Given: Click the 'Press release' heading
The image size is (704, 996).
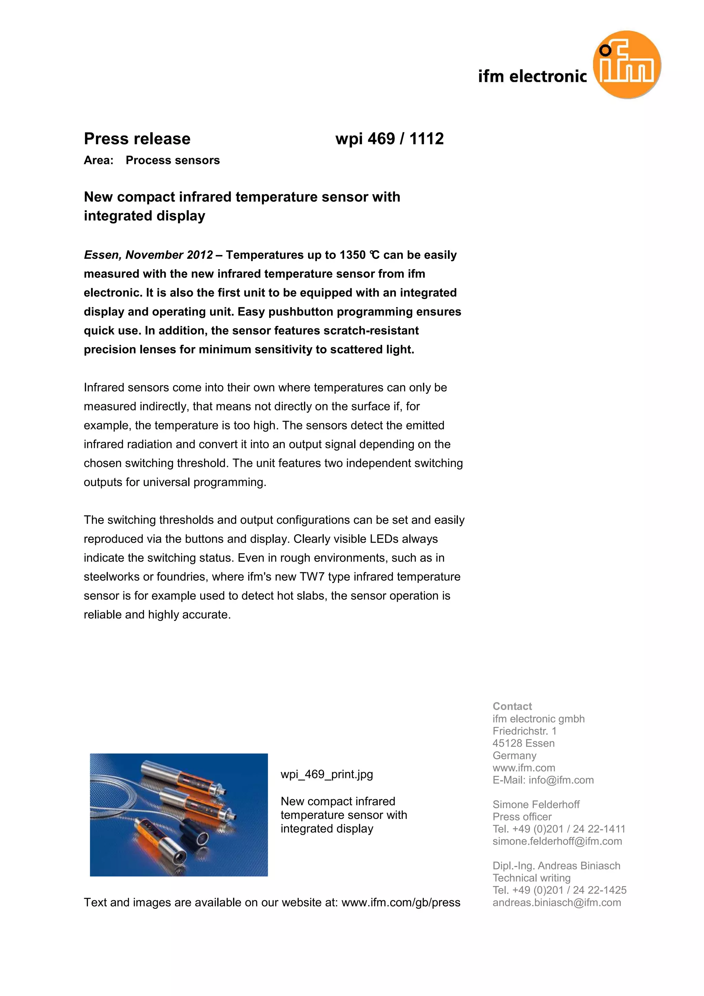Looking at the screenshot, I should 137,139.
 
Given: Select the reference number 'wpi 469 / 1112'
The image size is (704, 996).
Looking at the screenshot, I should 389,139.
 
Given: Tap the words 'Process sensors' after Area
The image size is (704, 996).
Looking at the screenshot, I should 173,161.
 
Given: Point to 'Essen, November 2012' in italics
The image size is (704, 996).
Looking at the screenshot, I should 148,255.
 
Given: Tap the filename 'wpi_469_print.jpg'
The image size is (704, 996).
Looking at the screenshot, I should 327,774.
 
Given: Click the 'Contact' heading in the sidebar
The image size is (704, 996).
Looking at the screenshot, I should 512,706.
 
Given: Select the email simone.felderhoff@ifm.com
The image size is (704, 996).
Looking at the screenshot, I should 557,841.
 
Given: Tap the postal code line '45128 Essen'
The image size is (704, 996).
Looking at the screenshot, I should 523,743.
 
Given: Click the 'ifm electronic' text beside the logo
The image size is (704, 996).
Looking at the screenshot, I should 532,76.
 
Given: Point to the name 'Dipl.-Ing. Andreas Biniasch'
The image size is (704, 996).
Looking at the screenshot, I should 556,865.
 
